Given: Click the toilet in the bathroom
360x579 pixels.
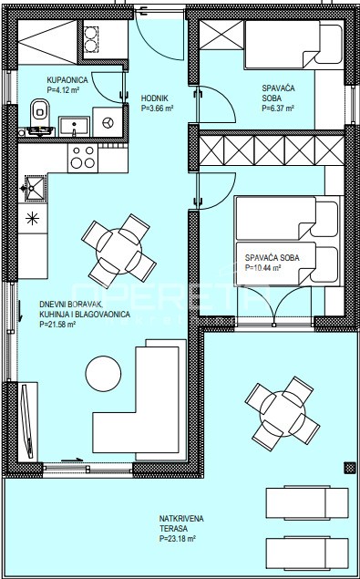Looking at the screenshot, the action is pyautogui.click(x=40, y=112).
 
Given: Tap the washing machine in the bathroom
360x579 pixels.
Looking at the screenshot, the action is pyautogui.click(x=108, y=122).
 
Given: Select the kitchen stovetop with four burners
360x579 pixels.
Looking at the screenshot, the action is pyautogui.click(x=83, y=158).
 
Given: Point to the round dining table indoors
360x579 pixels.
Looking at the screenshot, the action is pyautogui.click(x=118, y=251).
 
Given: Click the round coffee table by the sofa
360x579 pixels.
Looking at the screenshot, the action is pyautogui.click(x=103, y=374).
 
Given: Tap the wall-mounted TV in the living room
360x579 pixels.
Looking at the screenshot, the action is pyautogui.click(x=27, y=421).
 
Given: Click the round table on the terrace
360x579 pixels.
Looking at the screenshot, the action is pyautogui.click(x=283, y=414).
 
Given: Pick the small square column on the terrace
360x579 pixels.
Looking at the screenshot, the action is pyautogui.click(x=349, y=468).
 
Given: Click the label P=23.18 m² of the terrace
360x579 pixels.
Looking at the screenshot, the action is pyautogui.click(x=178, y=539).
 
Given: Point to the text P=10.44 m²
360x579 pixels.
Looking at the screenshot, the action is pyautogui.click(x=262, y=268).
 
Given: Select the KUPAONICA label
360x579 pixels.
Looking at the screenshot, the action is pyautogui.click(x=67, y=79).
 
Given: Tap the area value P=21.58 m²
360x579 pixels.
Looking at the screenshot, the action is pyautogui.click(x=57, y=325).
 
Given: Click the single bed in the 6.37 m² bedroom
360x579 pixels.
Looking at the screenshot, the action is pyautogui.click(x=294, y=45).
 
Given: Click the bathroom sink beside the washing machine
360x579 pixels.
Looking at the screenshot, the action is pyautogui.click(x=74, y=127).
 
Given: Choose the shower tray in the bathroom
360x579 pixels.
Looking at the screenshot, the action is pyautogui.click(x=47, y=42).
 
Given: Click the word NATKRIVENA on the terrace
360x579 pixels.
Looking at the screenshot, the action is pyautogui.click(x=181, y=519).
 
